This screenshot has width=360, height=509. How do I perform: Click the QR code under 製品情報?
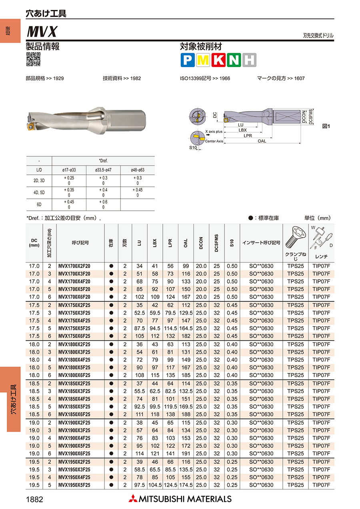(33, 59)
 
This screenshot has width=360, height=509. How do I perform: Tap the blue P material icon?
(187, 60)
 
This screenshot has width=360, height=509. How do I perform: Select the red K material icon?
(218, 60)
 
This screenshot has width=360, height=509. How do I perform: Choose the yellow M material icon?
(202, 60)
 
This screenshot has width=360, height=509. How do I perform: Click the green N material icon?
(234, 60)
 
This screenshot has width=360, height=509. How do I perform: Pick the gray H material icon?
(249, 60)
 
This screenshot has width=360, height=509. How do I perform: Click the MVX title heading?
(42, 31)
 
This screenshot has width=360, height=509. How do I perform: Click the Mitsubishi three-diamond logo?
(132, 499)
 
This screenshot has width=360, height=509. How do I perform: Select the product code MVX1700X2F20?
(74, 266)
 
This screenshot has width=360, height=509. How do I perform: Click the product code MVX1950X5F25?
(74, 485)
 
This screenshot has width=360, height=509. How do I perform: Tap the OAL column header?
(186, 243)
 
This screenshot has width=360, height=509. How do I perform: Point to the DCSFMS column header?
(216, 243)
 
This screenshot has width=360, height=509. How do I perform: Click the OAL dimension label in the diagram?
(262, 141)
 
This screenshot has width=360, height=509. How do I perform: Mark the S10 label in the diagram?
(193, 148)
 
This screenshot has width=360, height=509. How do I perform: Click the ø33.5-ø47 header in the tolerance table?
(103, 170)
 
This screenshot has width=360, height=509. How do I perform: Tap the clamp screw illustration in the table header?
(295, 237)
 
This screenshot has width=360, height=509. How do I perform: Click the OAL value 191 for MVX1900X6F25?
(186, 453)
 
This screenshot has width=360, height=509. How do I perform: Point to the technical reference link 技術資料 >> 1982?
(122, 78)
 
